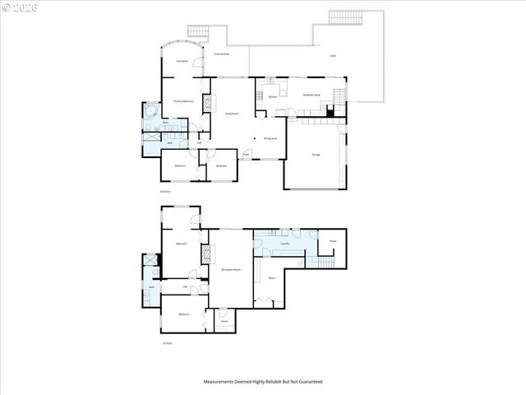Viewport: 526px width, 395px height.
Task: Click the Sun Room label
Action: [179, 61]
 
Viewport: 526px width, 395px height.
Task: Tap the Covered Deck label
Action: [220, 53]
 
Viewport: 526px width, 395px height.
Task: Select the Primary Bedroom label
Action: [182, 101]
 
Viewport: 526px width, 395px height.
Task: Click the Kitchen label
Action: [272, 96]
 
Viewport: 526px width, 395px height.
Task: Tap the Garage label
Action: [316, 154]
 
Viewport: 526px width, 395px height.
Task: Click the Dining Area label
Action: [270, 138]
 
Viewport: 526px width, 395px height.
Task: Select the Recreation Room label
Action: [231, 270]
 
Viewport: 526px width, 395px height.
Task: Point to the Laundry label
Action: [285, 244]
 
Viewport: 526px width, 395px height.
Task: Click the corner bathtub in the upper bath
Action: [150, 111]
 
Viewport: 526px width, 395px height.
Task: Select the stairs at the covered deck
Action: [199, 31]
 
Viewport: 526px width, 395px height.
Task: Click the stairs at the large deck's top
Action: [344, 17]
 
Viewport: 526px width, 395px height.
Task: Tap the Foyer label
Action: [246, 153]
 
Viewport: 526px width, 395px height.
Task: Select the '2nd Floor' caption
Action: [165, 191]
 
